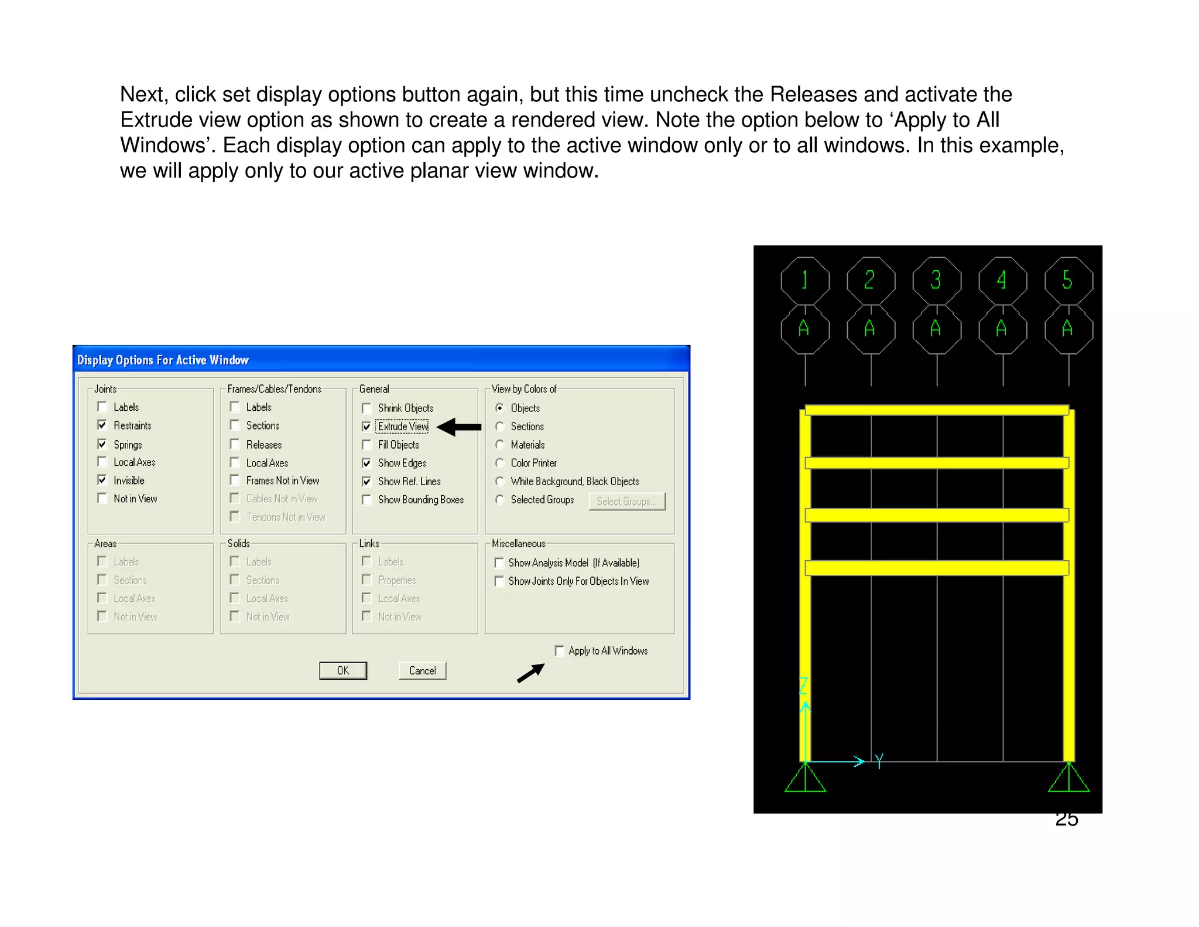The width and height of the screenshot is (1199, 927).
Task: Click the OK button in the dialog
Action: coord(343,670)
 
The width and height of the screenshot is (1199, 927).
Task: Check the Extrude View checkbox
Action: coord(366,427)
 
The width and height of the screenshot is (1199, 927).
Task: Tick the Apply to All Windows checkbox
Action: coord(559,651)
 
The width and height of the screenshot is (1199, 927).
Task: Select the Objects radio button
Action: coord(499,408)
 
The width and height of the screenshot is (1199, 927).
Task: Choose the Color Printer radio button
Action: coord(499,463)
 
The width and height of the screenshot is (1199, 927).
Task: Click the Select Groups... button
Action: coord(627,502)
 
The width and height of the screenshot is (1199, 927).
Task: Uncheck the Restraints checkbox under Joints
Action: coord(102,425)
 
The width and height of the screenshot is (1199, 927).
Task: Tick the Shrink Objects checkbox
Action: coord(366,408)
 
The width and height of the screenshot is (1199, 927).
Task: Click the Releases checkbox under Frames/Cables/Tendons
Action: coord(235,444)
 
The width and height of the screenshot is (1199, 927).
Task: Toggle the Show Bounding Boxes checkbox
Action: coord(366,500)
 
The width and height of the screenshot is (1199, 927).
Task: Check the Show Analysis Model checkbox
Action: coord(499,563)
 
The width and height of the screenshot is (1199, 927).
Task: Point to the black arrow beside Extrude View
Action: coord(459,427)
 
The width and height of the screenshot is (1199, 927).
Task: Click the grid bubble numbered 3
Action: coord(937,280)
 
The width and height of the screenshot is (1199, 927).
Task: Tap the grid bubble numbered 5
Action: coord(1068,280)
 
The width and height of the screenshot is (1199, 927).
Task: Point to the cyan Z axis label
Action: coord(804,686)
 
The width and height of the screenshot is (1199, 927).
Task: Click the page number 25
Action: coord(1067,820)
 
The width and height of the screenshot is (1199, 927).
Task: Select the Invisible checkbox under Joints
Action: coord(102,480)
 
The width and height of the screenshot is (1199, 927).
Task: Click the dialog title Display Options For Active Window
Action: coord(163,360)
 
